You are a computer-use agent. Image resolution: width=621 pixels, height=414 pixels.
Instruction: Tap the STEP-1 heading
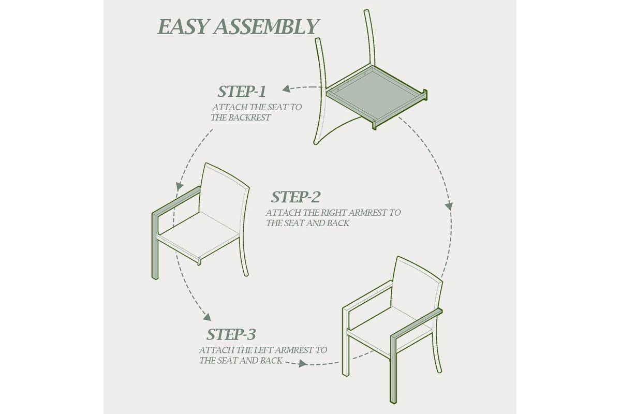(x=242, y=92)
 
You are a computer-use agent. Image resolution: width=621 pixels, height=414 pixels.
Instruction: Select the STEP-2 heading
(x=295, y=197)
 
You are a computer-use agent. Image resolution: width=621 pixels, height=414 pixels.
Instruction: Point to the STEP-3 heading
(x=231, y=334)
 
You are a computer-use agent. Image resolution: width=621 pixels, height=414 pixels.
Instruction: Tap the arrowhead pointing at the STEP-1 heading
(x=286, y=88)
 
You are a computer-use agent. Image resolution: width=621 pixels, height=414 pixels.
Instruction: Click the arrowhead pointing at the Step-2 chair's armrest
(x=180, y=186)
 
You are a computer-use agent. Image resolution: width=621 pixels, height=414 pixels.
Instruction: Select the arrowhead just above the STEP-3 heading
(x=207, y=317)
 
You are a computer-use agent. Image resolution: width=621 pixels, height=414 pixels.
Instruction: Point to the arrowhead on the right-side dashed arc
(x=449, y=206)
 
